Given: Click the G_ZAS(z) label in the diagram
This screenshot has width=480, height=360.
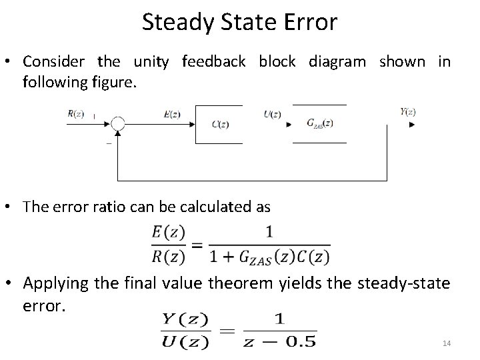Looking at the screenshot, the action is coord(319,123).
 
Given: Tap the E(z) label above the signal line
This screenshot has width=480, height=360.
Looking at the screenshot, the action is coord(172,114).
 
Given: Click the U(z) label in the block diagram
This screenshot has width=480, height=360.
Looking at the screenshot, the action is coord(272,114).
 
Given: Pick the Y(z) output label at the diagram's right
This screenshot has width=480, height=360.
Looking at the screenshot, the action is coord(408,112).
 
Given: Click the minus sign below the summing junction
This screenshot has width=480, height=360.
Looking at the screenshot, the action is coord(109,141).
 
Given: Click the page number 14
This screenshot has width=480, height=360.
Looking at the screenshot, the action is coord(447,343).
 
